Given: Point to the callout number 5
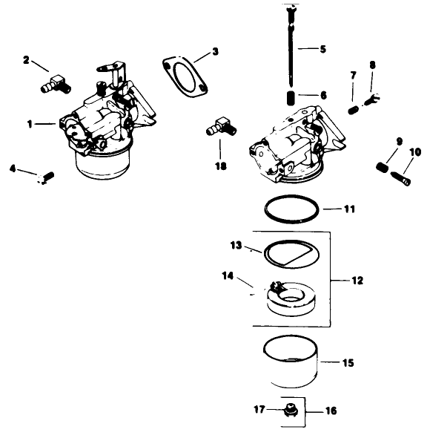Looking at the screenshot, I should click(x=322, y=50).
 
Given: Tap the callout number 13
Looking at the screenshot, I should click(x=236, y=245).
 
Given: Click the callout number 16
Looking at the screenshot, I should click(x=330, y=410).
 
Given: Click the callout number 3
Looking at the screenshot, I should click(x=215, y=52).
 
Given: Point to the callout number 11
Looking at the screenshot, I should click(x=349, y=209).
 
